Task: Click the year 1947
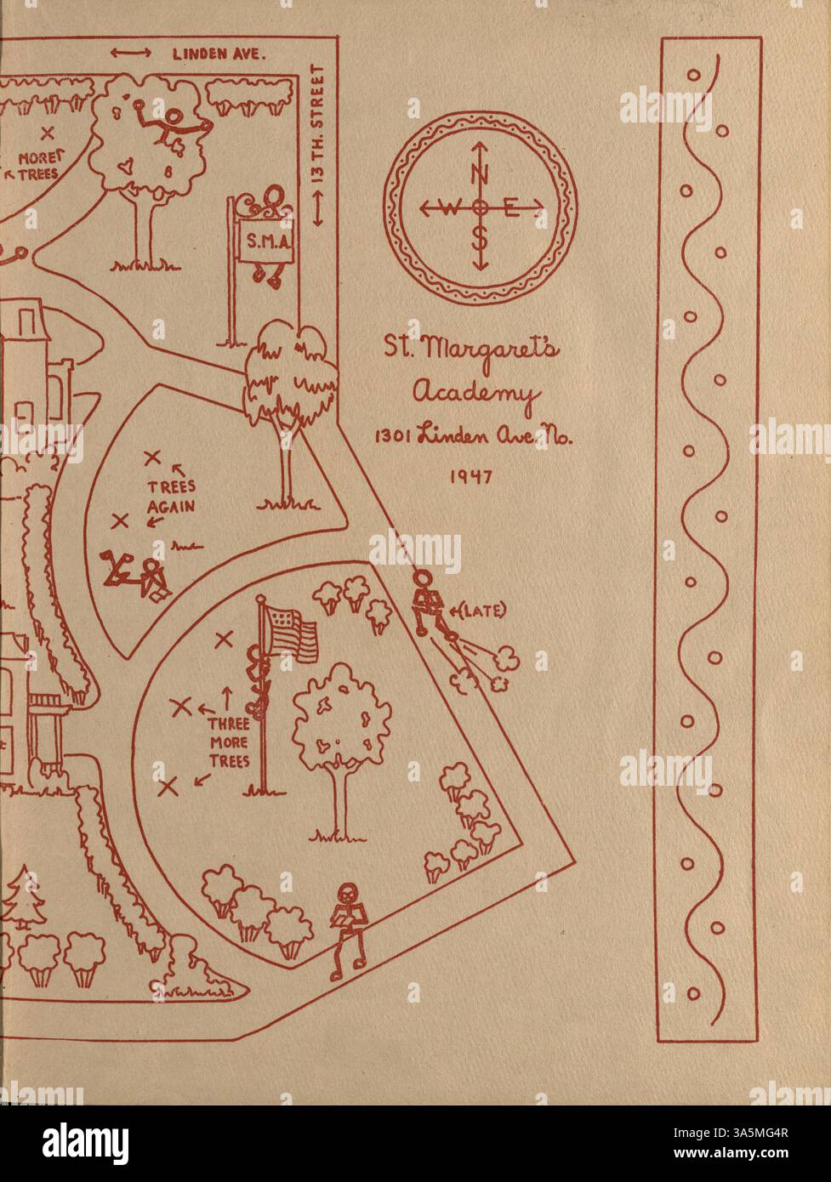[x=471, y=477]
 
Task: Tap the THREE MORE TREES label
[x=230, y=740]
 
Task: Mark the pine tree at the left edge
[x=23, y=899]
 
